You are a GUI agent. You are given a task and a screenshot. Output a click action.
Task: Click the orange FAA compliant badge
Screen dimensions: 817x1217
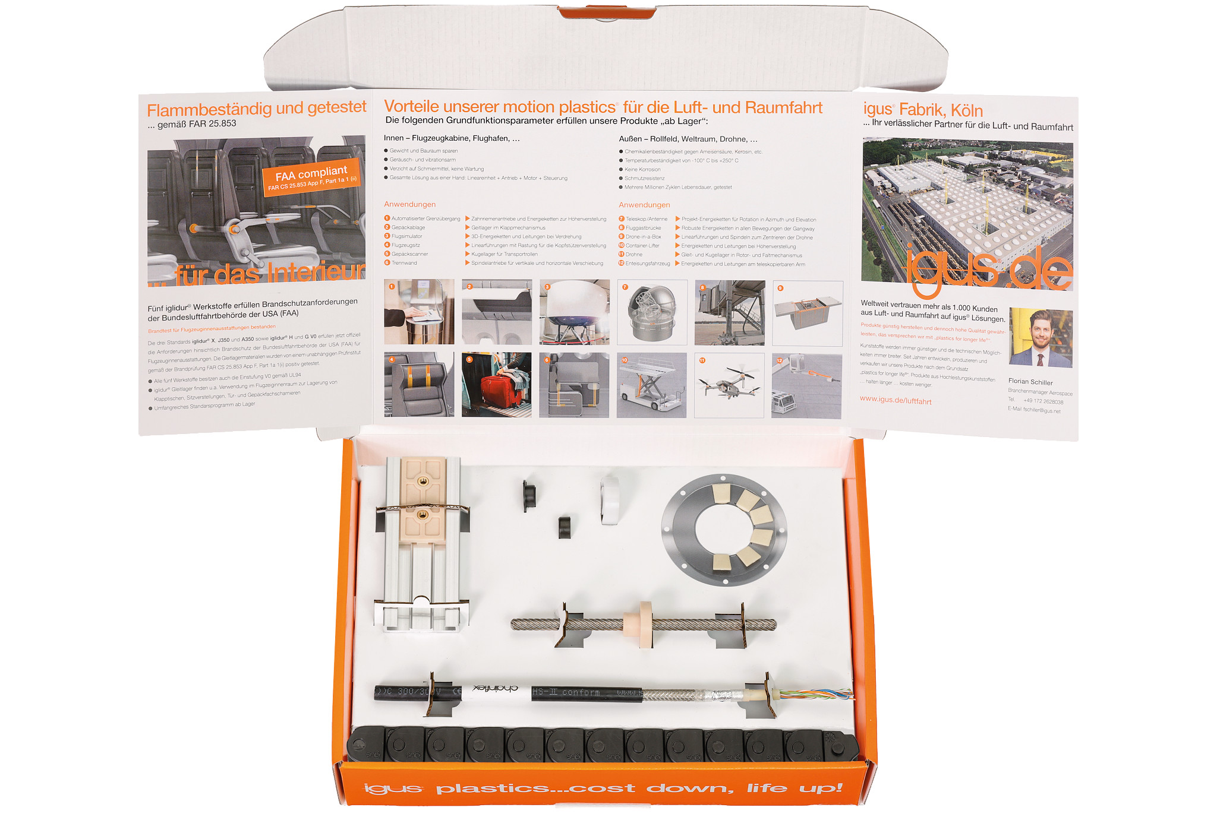(311, 177)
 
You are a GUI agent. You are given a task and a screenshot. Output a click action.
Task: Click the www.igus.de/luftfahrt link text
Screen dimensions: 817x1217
(895, 400)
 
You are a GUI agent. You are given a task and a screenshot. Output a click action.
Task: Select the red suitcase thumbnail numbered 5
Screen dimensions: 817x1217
(496, 385)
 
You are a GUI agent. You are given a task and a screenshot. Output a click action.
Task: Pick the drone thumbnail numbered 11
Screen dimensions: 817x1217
(729, 385)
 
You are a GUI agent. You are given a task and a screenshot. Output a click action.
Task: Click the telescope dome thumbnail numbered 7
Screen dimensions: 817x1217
(652, 312)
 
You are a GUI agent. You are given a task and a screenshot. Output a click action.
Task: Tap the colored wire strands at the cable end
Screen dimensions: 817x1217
(816, 693)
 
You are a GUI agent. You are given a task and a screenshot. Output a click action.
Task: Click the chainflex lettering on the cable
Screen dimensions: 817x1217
(496, 689)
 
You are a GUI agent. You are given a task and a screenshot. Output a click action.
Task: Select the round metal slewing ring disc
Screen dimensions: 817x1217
(724, 530)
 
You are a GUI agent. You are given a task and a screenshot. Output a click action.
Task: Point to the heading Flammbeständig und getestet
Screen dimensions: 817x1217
(256, 109)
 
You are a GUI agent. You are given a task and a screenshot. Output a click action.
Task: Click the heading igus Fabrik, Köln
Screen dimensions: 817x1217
(922, 110)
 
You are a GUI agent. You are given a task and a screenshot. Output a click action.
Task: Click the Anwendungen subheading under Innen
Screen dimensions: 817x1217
(409, 204)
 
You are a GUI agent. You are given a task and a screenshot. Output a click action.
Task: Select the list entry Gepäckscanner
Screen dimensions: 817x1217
(409, 254)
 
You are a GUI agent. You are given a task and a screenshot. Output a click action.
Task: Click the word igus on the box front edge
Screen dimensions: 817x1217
(392, 788)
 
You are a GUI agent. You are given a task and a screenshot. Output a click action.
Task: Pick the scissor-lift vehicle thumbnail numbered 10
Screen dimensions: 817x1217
(651, 385)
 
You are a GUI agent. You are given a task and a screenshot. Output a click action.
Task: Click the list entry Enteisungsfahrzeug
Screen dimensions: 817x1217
(647, 264)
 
